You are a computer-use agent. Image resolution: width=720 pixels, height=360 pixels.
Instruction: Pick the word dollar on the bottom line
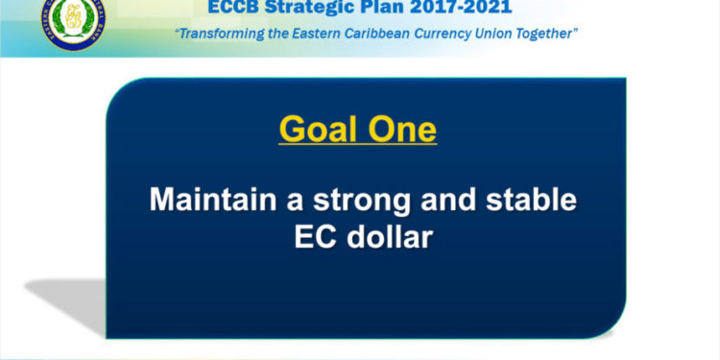(390, 236)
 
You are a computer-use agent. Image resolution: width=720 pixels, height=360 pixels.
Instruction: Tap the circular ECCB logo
(74, 22)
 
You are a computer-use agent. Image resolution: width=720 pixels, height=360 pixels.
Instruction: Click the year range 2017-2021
(465, 9)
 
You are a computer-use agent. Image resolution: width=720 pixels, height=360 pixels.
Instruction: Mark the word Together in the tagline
(548, 35)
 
